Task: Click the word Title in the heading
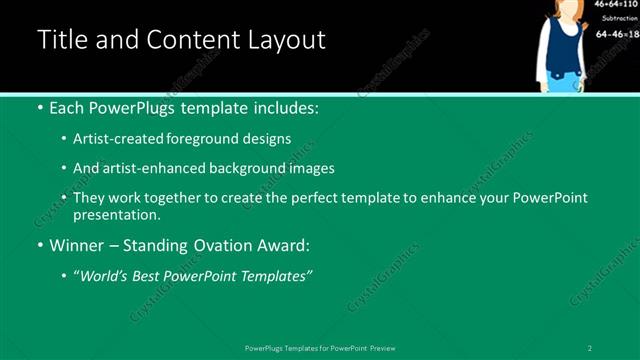[62, 41]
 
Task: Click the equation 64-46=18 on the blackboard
[617, 34]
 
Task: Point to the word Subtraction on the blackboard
[617, 19]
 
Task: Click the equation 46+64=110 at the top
[617, 5]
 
